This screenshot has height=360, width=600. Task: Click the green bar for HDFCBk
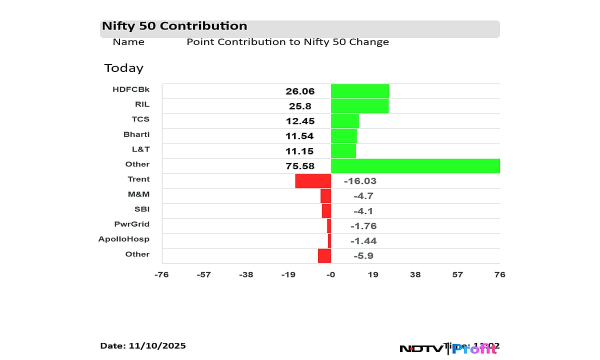pos(360,91)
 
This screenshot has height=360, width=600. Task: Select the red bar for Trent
pos(313,181)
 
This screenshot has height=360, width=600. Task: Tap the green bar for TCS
pos(345,121)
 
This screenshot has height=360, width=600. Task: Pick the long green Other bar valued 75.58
pos(415,166)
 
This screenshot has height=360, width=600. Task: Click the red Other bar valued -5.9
pos(324,256)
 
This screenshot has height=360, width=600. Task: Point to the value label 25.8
pos(300,106)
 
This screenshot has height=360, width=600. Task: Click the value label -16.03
pos(360,181)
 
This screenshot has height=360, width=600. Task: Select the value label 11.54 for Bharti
pos(300,136)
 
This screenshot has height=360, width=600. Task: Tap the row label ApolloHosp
pos(124,239)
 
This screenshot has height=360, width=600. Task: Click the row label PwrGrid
pos(132,224)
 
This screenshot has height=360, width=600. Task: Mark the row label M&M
pos(138,194)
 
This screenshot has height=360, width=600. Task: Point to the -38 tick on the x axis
pos(246,274)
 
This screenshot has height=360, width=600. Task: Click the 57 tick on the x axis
pos(457,274)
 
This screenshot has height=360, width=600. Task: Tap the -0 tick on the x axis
pos(330,274)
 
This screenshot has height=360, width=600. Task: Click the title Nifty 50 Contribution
pos(174,26)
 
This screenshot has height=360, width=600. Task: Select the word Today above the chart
pos(123,68)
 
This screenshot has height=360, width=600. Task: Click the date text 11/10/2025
pos(157,346)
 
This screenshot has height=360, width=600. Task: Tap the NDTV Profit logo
pos(447,348)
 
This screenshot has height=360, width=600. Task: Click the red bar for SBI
pos(326,211)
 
